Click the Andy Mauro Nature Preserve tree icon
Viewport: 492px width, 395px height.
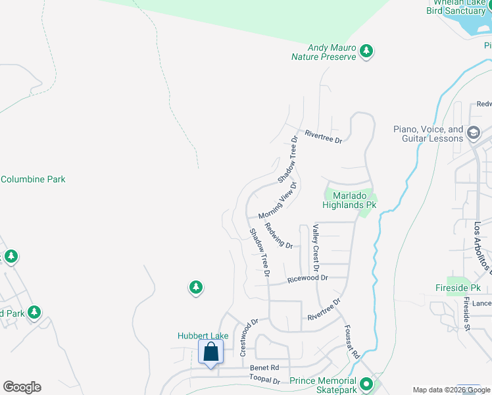pos(367,51)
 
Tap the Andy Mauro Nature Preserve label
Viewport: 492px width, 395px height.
pos(324,52)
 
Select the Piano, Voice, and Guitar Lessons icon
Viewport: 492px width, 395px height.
pos(473,134)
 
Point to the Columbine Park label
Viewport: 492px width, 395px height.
pos(33,179)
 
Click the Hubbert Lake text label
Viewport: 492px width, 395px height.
pos(203,336)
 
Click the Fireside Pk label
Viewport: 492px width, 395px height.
pos(458,288)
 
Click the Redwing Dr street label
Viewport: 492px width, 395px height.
pos(278,236)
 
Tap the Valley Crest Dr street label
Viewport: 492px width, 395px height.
pos(316,248)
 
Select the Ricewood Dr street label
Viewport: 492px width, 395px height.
pos(307,279)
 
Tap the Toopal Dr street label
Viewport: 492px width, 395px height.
pos(264,380)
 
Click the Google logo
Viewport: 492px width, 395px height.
pos(22,387)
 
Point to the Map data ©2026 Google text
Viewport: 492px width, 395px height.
pos(451,390)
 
